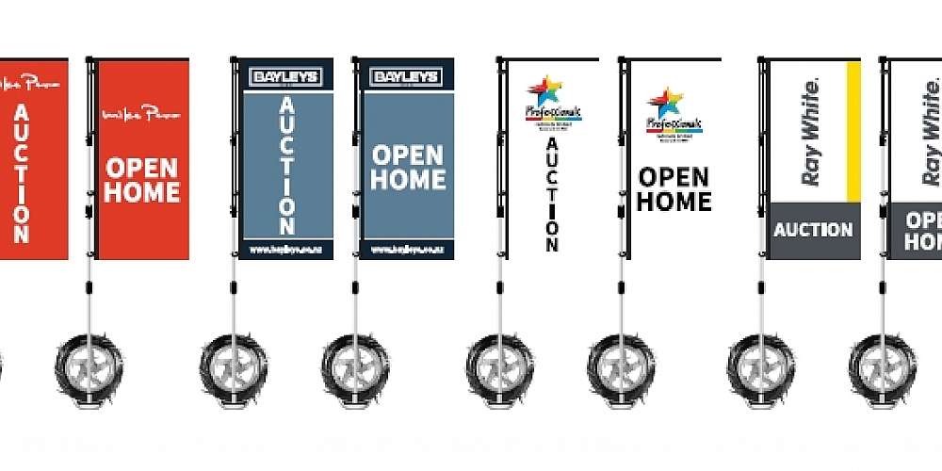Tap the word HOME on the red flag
(x=141, y=193)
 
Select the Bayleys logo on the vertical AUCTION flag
(x=286, y=77)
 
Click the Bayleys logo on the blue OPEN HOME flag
(x=407, y=77)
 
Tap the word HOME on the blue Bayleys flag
(x=407, y=179)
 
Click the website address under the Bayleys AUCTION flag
(x=286, y=251)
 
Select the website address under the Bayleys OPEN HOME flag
(x=407, y=251)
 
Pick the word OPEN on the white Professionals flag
(x=674, y=177)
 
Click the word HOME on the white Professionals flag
(x=674, y=201)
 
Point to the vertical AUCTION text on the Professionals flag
(x=552, y=194)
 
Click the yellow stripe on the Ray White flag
(x=853, y=132)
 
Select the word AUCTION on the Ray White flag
(x=813, y=230)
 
